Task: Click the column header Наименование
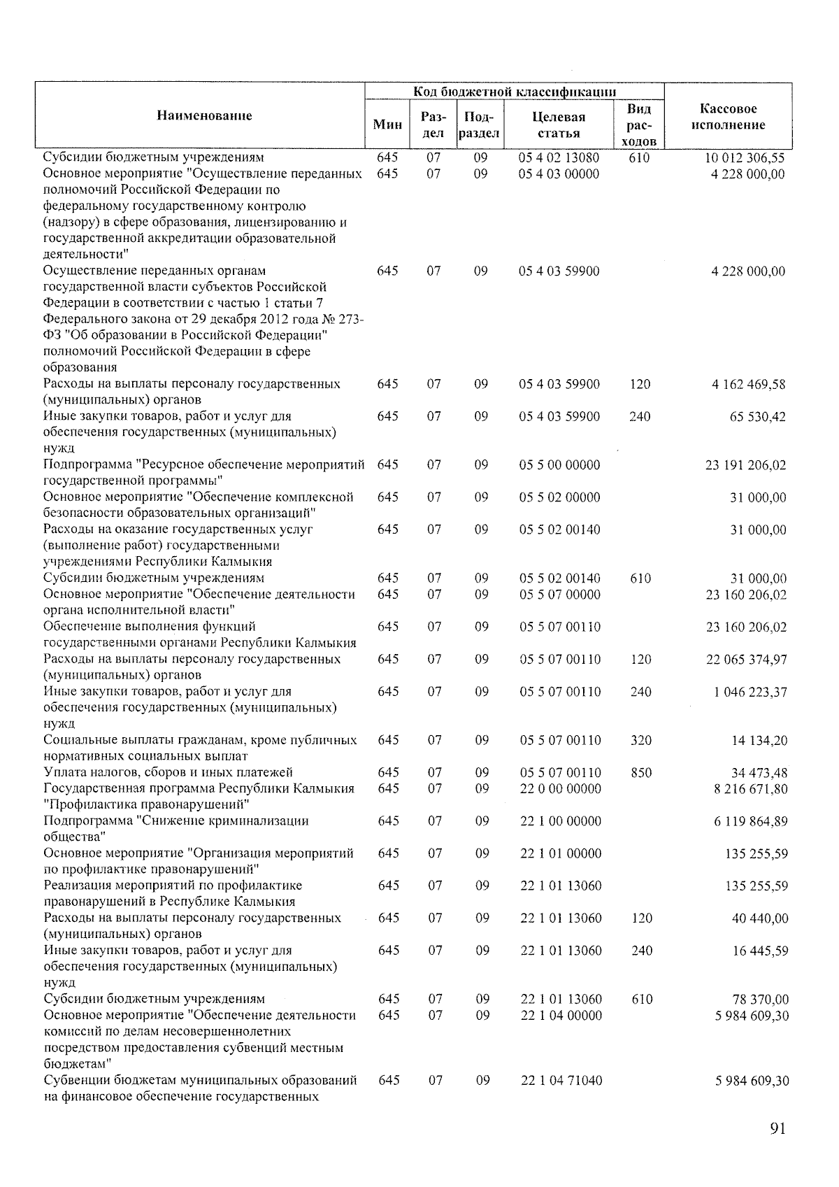(x=204, y=115)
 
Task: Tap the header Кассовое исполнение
(x=728, y=117)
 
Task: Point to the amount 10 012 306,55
(x=745, y=158)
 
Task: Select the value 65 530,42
(x=758, y=417)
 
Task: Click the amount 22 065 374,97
(x=746, y=660)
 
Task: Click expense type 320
(x=640, y=740)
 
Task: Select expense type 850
(x=640, y=773)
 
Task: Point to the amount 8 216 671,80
(x=750, y=789)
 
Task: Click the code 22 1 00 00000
(x=560, y=821)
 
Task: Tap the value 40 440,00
(x=759, y=918)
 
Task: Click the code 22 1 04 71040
(x=561, y=1081)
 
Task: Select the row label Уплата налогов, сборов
(x=168, y=773)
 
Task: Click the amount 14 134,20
(x=759, y=741)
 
